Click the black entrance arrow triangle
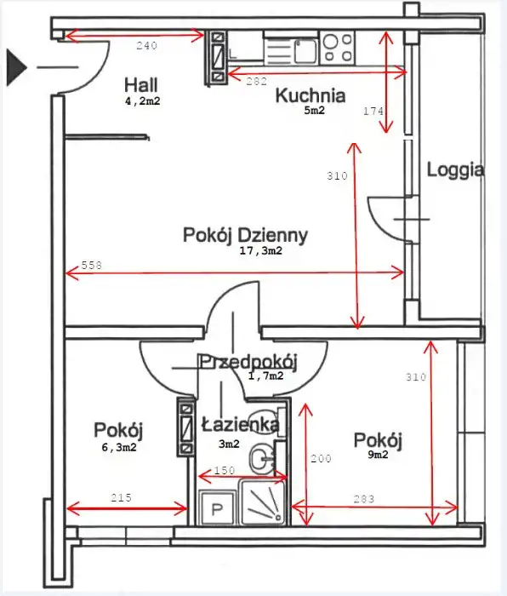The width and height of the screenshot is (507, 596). point(15,67)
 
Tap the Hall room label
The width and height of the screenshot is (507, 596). point(141,84)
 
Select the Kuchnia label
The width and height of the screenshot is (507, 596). point(310,95)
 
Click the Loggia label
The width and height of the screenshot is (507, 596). point(455,170)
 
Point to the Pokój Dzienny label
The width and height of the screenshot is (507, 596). point(245,235)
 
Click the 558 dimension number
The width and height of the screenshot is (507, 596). point(92,265)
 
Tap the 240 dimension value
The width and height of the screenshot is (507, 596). point(146,46)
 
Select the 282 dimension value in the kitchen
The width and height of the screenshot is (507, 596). point(256,81)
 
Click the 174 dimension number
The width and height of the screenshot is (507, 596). point(373,111)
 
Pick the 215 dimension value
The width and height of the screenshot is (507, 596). point(121,497)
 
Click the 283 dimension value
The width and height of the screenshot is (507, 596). point(364,499)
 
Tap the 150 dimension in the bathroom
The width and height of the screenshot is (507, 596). point(225,471)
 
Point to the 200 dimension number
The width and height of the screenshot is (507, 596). point(321,459)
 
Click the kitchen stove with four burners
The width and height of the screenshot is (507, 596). point(338,48)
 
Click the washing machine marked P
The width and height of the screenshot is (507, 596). point(217,508)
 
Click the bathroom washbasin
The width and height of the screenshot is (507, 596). point(262,459)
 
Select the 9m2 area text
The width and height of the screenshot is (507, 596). point(378,455)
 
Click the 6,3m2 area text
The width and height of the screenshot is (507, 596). point(119,447)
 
